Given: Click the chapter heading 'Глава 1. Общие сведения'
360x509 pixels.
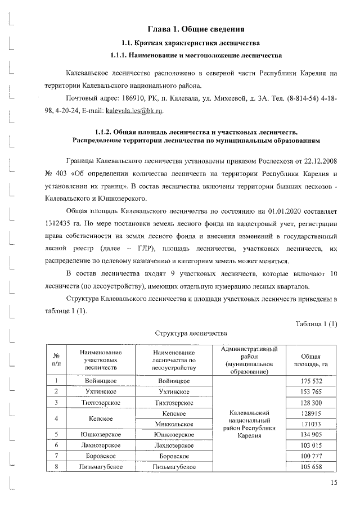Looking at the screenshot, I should click(195, 29).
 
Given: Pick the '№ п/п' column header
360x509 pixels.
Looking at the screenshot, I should click(56, 360).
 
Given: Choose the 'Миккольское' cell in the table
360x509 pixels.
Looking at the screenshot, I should click(173, 424).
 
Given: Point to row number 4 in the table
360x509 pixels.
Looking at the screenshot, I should click(56, 418).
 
